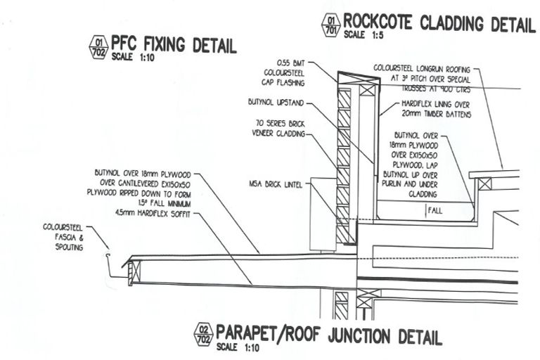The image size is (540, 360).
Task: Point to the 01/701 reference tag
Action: coord(329,25)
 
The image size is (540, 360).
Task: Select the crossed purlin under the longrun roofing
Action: coord(483,185)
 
